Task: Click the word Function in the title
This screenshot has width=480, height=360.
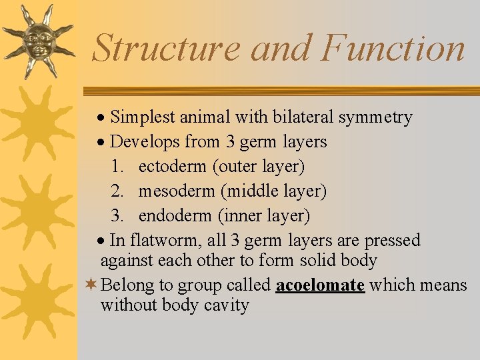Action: click(392, 49)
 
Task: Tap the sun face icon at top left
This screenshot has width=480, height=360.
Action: click(39, 40)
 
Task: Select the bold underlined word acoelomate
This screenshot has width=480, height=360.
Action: click(320, 285)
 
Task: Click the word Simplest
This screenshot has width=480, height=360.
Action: click(138, 118)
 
